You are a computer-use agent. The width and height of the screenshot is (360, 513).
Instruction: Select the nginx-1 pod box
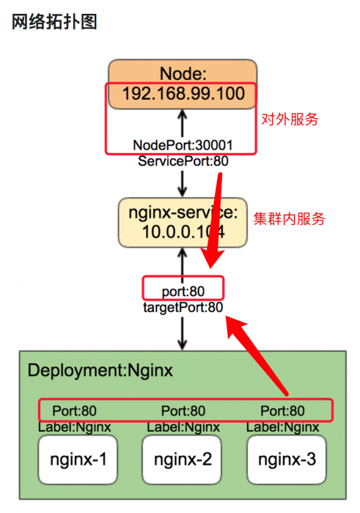click(x=78, y=460)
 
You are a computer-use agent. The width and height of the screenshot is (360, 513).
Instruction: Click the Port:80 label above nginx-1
click(x=74, y=411)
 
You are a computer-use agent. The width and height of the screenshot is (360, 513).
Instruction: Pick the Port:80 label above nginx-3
click(x=283, y=411)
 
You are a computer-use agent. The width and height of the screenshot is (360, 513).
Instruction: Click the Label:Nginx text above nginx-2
click(x=183, y=427)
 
